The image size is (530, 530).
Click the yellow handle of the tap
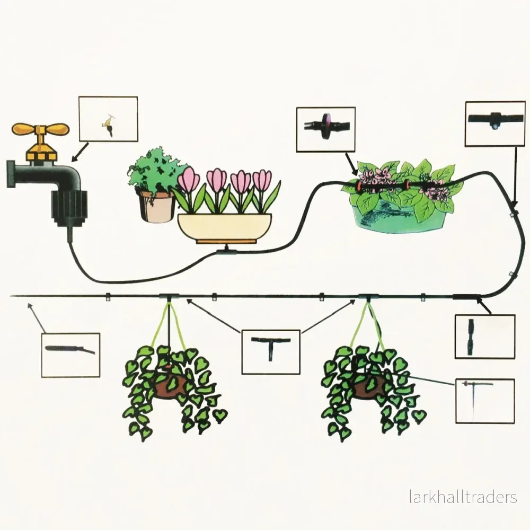click(x=41, y=129)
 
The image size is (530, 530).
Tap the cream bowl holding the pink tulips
click(x=224, y=227)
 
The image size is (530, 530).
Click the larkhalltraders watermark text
click(x=463, y=497)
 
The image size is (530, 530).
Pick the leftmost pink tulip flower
click(x=187, y=179)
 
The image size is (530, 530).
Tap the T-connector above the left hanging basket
click(x=169, y=297)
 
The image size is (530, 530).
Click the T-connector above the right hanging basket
click(x=368, y=297)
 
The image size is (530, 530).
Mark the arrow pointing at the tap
click(x=80, y=152)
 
